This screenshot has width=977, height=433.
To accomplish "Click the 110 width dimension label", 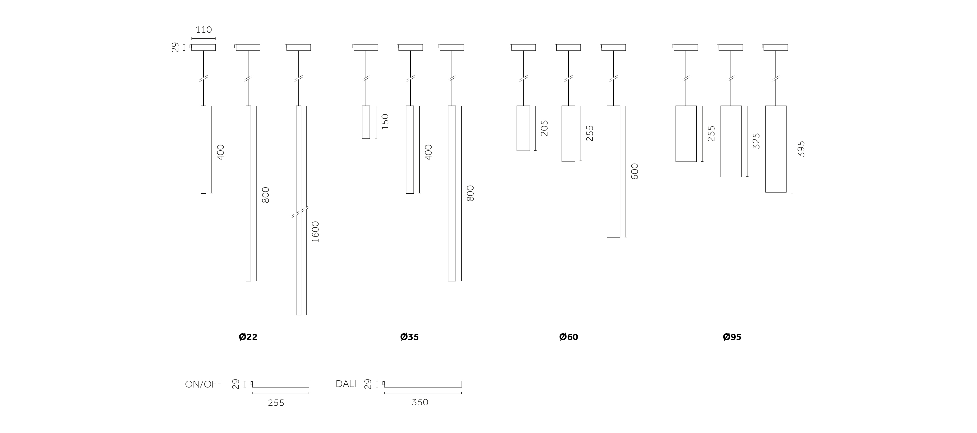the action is (204, 30).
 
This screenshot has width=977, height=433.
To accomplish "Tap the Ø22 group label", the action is (248, 337).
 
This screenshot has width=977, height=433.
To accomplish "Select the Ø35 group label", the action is (410, 337).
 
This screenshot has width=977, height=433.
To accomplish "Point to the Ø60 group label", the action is (569, 337).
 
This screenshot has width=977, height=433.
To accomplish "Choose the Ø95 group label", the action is (732, 337).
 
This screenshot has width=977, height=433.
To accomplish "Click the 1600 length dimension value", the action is (316, 232).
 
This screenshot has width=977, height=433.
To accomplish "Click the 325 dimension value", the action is (756, 141).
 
